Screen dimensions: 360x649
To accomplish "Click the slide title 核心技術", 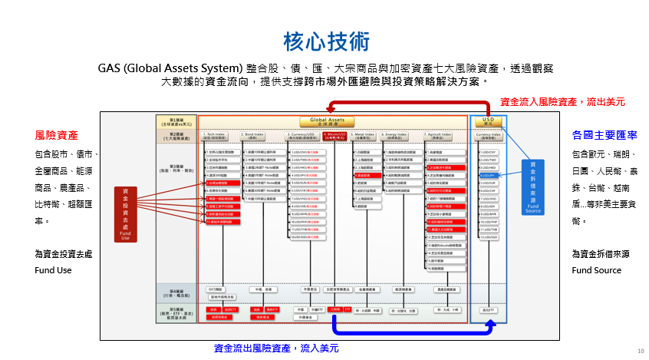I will click(x=325, y=40).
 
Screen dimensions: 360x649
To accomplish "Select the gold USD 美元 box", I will click(x=488, y=121).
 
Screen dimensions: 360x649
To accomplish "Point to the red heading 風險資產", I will click(x=56, y=135).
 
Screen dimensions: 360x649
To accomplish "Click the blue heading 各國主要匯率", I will click(x=594, y=135).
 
